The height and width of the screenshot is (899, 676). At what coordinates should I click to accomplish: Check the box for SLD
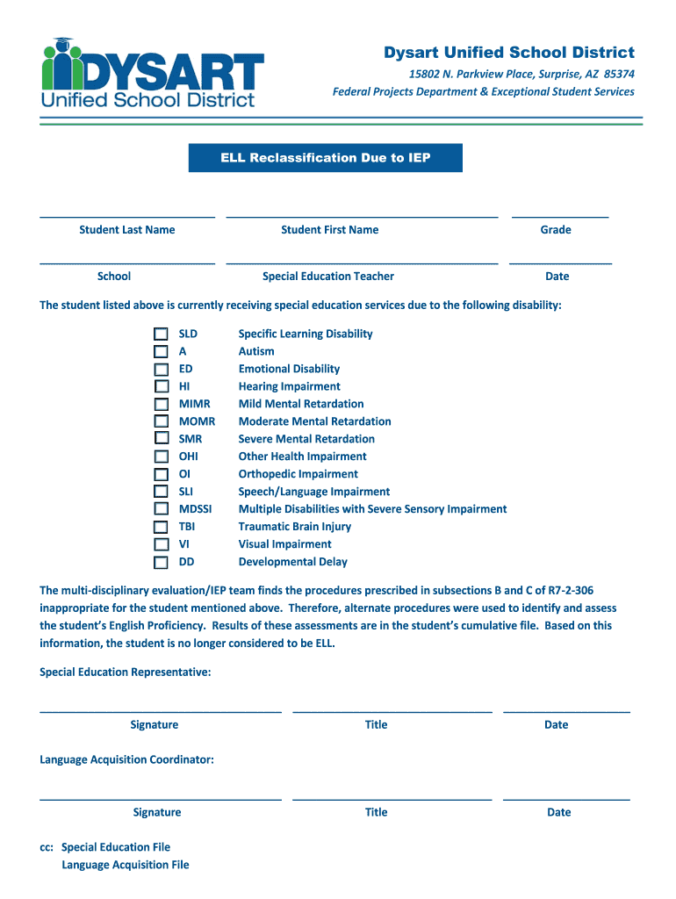[161, 334]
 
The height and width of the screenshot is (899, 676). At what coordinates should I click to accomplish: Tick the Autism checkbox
[161, 351]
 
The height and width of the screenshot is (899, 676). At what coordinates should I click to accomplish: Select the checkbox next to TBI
[161, 527]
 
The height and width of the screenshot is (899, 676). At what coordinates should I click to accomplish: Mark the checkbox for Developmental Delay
[161, 562]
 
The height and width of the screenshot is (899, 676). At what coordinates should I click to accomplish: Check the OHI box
[161, 457]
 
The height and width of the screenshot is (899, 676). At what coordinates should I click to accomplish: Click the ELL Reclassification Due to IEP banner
[325, 158]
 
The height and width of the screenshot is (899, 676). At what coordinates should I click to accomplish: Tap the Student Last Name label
[127, 230]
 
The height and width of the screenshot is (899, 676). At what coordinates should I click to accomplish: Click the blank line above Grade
[559, 215]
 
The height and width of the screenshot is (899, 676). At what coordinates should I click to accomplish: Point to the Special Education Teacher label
[328, 277]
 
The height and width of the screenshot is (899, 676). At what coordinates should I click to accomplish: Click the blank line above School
[127, 262]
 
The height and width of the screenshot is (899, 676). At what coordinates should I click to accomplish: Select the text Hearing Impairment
[289, 386]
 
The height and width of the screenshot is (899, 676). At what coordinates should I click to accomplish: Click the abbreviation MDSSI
[195, 509]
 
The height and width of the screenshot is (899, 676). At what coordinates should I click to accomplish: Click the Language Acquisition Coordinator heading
[126, 759]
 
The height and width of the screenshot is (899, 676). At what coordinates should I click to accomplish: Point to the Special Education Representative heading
[126, 672]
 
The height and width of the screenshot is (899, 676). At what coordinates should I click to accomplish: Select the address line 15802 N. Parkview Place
[483, 74]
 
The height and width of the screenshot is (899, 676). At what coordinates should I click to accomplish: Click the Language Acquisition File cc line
[126, 865]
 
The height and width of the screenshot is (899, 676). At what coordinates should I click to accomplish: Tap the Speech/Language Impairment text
[314, 492]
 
